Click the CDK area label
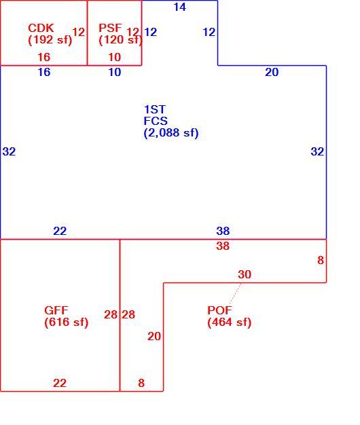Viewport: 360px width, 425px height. (41, 28)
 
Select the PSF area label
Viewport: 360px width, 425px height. (110, 28)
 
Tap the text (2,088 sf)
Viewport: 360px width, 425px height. (171, 133)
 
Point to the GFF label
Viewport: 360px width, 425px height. (56, 310)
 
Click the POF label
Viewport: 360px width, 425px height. (219, 310)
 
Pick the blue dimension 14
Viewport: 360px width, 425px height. (180, 7)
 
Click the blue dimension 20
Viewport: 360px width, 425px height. (272, 72)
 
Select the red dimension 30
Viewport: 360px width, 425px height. (245, 274)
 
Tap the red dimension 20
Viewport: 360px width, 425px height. (154, 336)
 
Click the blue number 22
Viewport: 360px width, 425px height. (60, 231)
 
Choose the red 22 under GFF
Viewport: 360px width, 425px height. (60, 383)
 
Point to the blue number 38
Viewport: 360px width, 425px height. (223, 231)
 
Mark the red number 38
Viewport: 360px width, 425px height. (223, 246)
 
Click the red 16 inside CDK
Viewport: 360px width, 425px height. (44, 57)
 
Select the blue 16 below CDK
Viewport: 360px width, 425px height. (44, 72)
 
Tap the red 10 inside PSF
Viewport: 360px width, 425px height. (114, 57)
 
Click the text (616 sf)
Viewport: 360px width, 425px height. (67, 322)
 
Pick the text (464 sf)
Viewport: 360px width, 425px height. (230, 322)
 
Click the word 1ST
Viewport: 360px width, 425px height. (154, 109)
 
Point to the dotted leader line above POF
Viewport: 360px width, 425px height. (235, 293)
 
